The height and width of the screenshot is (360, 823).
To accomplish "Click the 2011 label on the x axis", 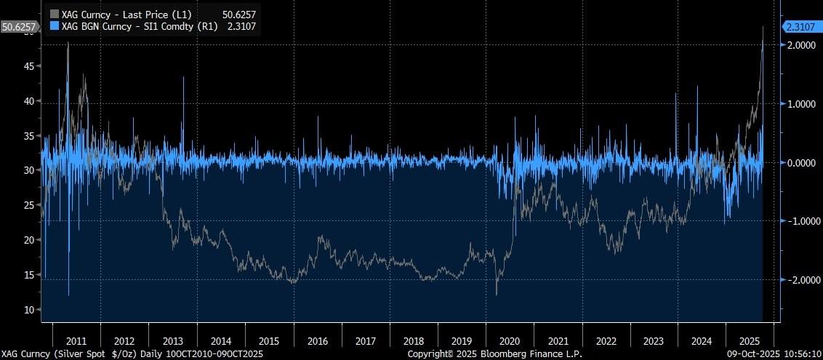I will (76, 340).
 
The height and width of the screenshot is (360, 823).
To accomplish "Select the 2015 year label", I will (269, 340).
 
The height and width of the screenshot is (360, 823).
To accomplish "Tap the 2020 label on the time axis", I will (510, 340).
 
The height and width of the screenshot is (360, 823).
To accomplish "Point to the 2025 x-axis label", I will (750, 340).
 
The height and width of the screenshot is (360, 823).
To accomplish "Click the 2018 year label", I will (413, 340).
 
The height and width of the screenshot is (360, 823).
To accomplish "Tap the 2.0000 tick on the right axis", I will (801, 45).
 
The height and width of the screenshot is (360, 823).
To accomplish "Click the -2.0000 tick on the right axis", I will (800, 280).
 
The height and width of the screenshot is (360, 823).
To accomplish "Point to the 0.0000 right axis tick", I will (801, 163).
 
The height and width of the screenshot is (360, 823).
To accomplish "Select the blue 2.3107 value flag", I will (802, 27).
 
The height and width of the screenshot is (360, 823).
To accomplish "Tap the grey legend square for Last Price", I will (53, 13).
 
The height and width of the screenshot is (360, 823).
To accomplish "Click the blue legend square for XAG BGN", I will (53, 26).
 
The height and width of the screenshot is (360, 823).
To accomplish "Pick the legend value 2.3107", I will (242, 26).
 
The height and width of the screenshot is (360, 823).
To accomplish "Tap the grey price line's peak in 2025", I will (763, 27).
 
